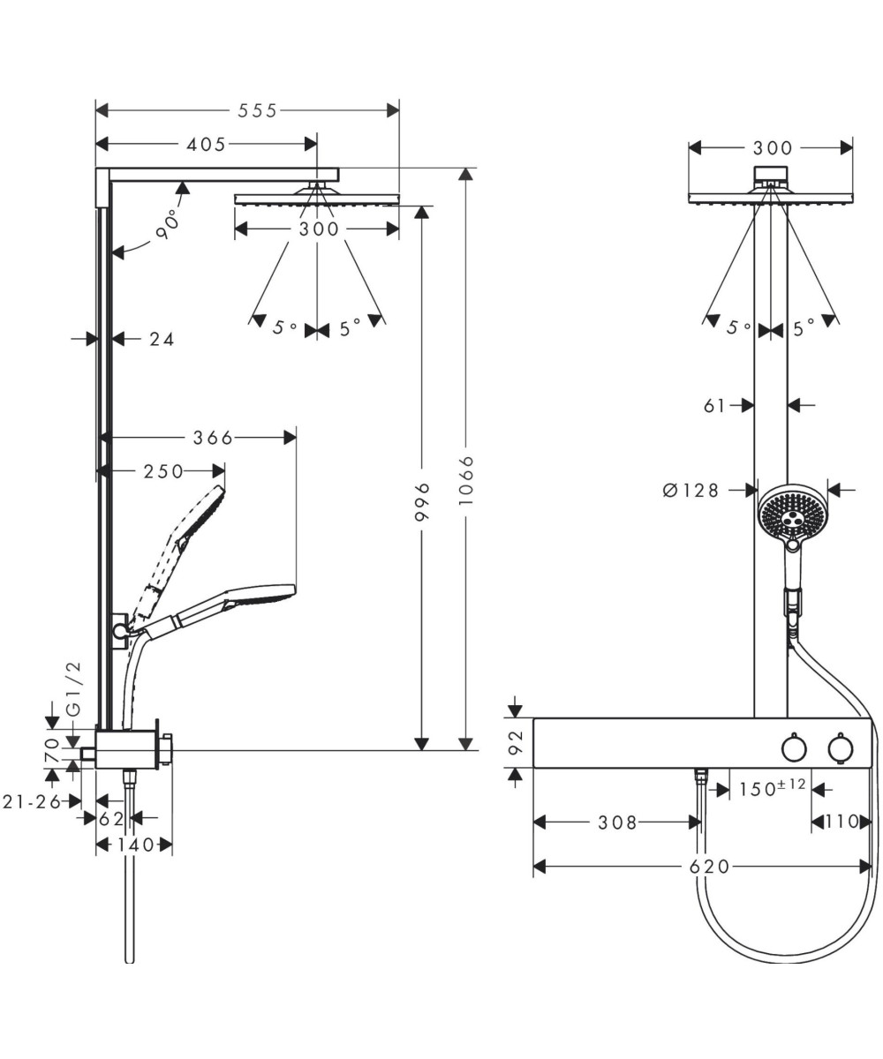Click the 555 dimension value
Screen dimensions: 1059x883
point(257,110)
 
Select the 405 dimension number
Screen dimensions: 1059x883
point(207,144)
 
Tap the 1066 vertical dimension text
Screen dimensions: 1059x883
point(466,480)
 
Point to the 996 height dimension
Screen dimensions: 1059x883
point(422,501)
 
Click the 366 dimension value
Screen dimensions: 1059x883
point(213,437)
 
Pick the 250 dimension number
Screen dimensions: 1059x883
point(164,472)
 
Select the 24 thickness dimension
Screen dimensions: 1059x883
point(162,338)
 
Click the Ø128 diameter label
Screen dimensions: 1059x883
point(691,490)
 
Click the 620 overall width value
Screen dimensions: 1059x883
point(710,867)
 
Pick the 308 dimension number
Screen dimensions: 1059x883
point(617,822)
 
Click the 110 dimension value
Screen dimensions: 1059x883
point(841,822)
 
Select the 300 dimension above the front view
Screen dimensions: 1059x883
point(773,148)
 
